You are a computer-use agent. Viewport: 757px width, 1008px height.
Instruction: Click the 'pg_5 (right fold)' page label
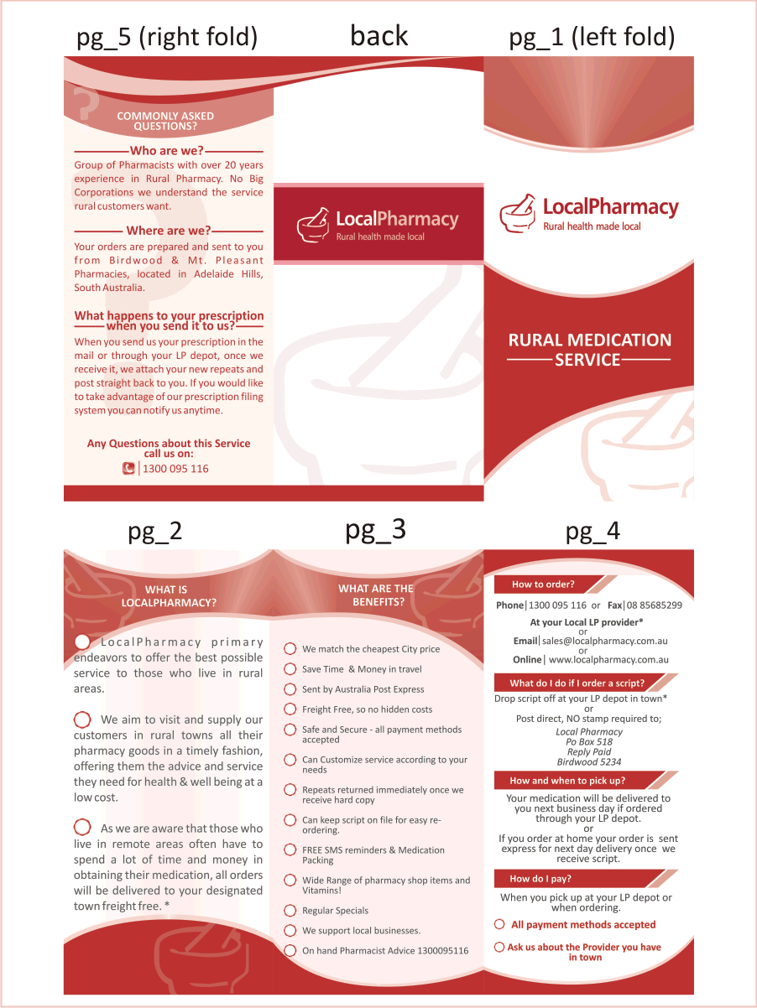(167, 38)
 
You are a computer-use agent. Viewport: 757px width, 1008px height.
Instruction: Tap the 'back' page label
(378, 36)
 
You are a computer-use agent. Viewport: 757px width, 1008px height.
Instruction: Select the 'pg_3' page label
(375, 530)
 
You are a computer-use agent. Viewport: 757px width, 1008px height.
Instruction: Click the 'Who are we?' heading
(167, 151)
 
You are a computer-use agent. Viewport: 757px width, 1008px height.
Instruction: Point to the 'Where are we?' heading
(168, 231)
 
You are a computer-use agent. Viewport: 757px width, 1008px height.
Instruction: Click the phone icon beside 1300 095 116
(128, 469)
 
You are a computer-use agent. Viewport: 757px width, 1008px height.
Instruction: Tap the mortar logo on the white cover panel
(517, 213)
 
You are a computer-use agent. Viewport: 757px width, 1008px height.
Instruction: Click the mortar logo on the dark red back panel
(314, 223)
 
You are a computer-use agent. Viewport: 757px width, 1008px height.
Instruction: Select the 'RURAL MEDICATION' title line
(589, 340)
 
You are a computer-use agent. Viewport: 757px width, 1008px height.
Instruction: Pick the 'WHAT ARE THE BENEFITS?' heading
(375, 595)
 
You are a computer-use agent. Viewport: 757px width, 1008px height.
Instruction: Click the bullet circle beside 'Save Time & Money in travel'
(290, 669)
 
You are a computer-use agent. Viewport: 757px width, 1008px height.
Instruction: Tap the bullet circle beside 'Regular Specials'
(290, 910)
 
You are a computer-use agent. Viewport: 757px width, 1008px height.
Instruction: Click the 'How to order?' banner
(543, 585)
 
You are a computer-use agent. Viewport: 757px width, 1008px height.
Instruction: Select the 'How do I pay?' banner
(540, 879)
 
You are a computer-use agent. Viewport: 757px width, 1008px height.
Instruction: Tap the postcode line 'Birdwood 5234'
(589, 762)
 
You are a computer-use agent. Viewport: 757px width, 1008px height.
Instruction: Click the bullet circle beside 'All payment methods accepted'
(499, 924)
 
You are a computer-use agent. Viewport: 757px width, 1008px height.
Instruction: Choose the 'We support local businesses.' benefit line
(361, 930)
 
